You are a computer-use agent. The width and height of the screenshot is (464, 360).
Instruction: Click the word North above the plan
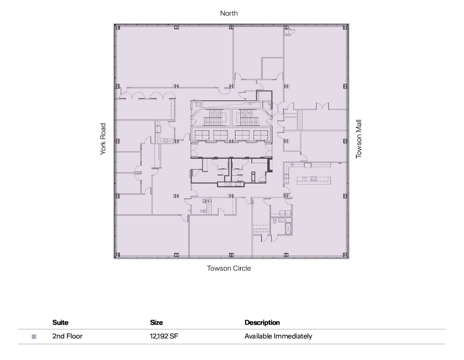pyautogui.click(x=229, y=13)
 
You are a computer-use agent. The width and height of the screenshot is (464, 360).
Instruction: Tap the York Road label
pyautogui.click(x=103, y=139)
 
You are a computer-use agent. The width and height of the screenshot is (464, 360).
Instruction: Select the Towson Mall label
pyautogui.click(x=359, y=139)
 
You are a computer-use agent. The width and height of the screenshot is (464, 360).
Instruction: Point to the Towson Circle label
pyautogui.click(x=229, y=268)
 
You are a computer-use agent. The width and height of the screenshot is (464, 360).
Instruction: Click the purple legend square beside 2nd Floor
pyautogui.click(x=34, y=337)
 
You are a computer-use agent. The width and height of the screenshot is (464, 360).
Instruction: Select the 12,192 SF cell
pyautogui.click(x=164, y=336)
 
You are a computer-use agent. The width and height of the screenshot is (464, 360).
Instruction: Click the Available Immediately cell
pyautogui.click(x=278, y=336)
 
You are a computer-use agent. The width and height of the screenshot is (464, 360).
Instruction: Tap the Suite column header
pyautogui.click(x=60, y=322)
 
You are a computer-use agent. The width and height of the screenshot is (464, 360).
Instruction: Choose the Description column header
pyautogui.click(x=262, y=322)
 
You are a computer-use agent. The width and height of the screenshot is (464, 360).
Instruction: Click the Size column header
pyautogui.click(x=156, y=322)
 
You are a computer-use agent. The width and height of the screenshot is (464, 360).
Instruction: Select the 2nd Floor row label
pyautogui.click(x=67, y=336)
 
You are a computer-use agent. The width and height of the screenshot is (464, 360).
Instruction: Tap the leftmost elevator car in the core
pyautogui.click(x=201, y=135)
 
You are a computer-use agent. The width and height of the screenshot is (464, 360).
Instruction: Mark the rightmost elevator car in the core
pyautogui.click(x=260, y=135)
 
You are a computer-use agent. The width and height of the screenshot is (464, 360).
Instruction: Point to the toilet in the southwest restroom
pyautogui.click(x=203, y=210)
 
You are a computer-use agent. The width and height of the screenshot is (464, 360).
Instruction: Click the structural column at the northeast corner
pyautogui.click(x=345, y=27)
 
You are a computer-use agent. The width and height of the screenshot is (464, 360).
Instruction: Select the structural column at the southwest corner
pyautogui.click(x=117, y=255)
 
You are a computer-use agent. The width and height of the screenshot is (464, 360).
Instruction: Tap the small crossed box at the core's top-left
pyautogui.click(x=198, y=104)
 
